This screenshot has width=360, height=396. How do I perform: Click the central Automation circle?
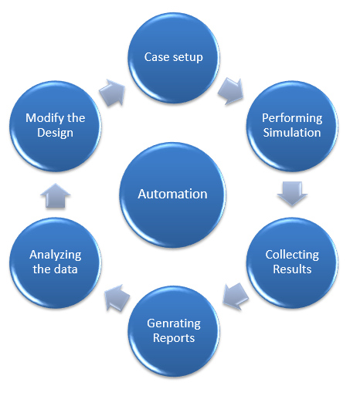pos(172,195)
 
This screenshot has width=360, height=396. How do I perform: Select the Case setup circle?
pos(174,58)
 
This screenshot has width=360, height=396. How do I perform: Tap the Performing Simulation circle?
pos(292,126)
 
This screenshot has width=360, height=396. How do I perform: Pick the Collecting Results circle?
pos(292,262)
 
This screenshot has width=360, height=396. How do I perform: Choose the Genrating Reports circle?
pos(174,331)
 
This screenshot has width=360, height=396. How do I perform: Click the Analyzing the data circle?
pos(56,262)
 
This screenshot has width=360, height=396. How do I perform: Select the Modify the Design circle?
pos(56,126)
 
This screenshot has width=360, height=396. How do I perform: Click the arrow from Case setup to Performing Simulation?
pos(231,91)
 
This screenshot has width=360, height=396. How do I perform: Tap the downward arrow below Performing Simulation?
pos(292,194)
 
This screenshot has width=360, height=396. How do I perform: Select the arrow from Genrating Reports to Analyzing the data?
pos(117,298)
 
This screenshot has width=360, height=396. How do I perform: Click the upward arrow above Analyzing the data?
pos(56,195)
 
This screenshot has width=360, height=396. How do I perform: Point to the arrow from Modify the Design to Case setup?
pos(112,93)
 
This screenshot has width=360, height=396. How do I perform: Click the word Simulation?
pos(292,133)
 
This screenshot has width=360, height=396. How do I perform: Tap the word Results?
pos(292,269)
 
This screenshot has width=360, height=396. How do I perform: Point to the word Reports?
pos(174,338)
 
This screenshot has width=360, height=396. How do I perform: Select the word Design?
pos(55,134)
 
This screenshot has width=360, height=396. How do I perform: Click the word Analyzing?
pos(56,256)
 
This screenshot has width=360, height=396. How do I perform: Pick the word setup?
pos(188,58)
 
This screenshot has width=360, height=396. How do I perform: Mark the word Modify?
pos(45,118)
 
